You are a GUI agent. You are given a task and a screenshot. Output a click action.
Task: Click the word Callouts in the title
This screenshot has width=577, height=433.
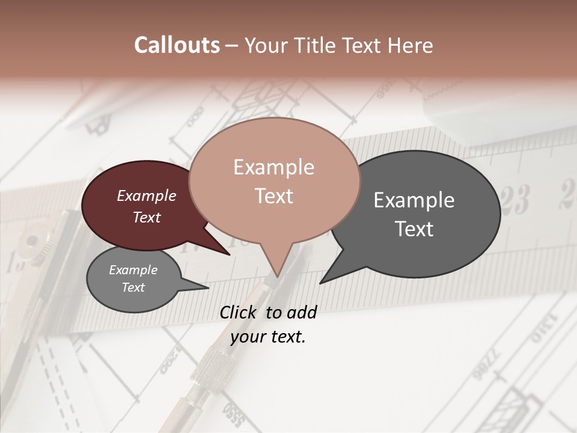pyautogui.click(x=177, y=45)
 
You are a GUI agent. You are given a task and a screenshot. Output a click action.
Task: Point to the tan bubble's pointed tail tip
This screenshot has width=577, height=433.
pyautogui.click(x=277, y=277)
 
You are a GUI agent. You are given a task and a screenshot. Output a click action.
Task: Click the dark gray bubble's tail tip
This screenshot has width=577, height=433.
pyautogui.click(x=320, y=283)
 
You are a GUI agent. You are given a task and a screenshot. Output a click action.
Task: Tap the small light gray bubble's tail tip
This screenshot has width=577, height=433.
pyautogui.click(x=208, y=287)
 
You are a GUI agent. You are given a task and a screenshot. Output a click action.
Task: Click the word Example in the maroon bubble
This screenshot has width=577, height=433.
pyautogui.click(x=147, y=195)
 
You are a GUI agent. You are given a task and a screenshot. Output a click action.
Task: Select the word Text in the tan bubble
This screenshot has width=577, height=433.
pyautogui.click(x=274, y=196)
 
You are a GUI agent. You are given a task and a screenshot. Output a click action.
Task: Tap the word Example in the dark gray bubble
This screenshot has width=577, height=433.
pyautogui.click(x=414, y=200)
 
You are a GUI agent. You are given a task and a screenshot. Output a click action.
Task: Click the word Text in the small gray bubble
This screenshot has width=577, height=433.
pyautogui.click(x=133, y=287)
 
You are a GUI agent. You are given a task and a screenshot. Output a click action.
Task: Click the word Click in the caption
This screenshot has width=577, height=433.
pyautogui.click(x=240, y=312)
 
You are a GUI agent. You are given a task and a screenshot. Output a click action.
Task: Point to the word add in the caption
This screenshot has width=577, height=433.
pyautogui.click(x=301, y=312)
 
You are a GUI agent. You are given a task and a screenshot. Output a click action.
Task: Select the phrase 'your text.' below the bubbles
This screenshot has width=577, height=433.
pyautogui.click(x=268, y=336)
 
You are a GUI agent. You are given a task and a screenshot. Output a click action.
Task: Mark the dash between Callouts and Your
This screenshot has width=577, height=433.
pyautogui.click(x=233, y=45)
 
